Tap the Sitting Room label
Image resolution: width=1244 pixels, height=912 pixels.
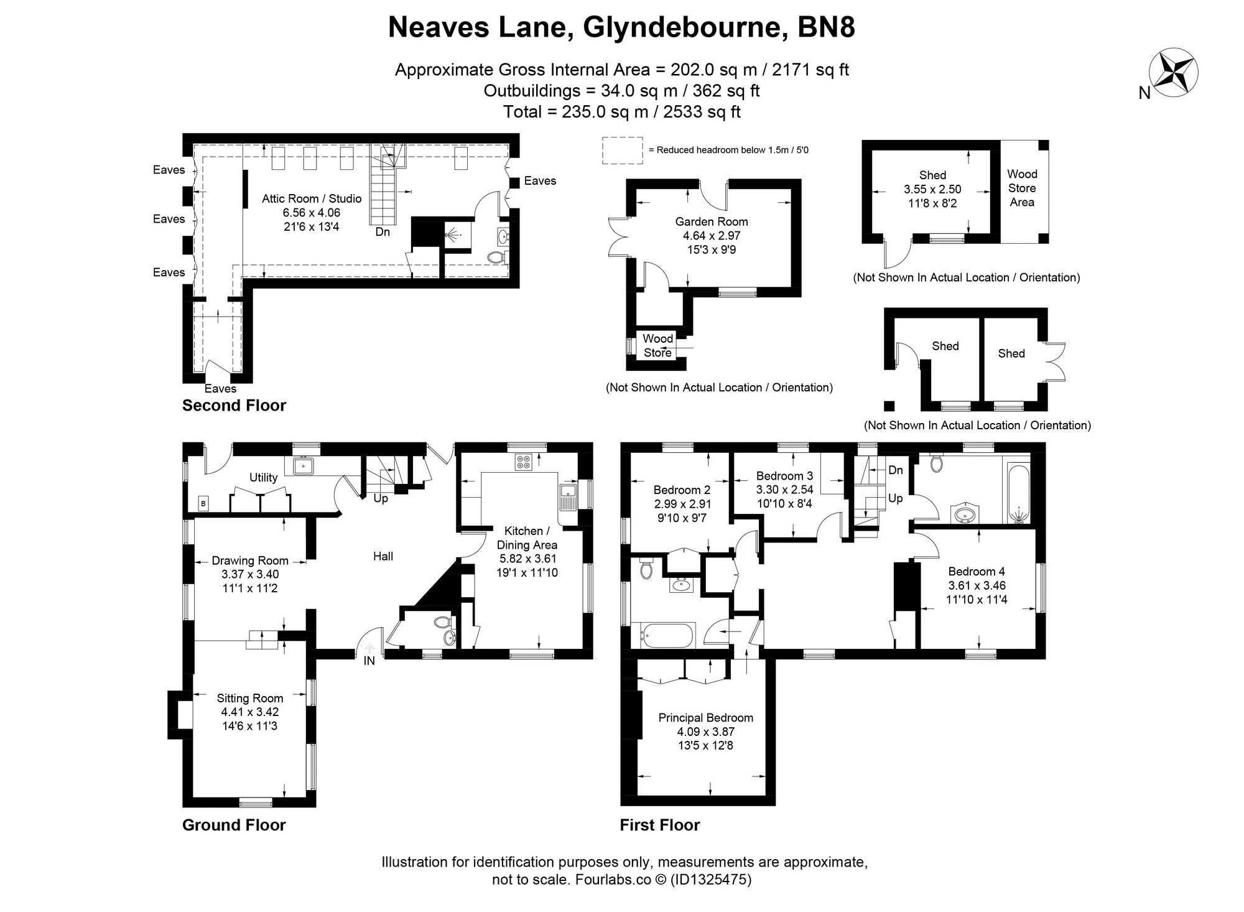click(249, 698)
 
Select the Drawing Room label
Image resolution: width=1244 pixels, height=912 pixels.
click(249, 561)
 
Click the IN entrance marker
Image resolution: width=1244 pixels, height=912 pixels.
click(369, 661)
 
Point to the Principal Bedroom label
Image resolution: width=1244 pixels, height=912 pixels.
click(705, 717)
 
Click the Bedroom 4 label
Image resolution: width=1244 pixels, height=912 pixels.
click(977, 571)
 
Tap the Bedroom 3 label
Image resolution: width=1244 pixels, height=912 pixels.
click(784, 476)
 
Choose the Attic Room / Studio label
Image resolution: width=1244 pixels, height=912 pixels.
click(312, 198)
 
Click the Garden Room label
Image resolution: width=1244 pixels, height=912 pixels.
click(712, 221)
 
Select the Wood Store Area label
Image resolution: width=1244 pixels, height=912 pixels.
click(1022, 188)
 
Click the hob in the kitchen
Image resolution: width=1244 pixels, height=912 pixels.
click(523, 462)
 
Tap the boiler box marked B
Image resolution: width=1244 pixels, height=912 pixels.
click(203, 503)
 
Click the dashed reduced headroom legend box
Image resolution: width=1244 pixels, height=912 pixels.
click(622, 150)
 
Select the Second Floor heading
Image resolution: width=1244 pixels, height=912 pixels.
click(234, 406)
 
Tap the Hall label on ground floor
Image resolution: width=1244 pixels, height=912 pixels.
click(383, 556)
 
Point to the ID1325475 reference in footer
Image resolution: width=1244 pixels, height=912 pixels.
click(710, 880)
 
